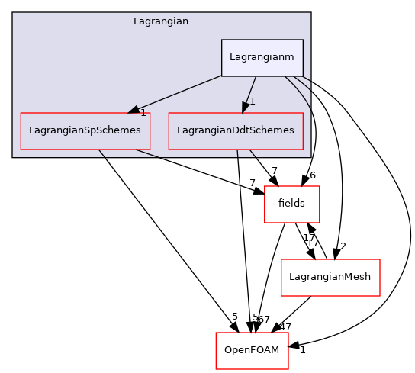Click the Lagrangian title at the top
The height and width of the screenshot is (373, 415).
coord(161,21)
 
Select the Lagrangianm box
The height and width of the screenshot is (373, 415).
coord(262,57)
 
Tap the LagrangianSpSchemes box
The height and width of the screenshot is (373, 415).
coord(85,130)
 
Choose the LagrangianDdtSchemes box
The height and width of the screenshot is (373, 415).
coord(235,130)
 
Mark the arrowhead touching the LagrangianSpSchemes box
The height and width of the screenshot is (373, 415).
coord(134,110)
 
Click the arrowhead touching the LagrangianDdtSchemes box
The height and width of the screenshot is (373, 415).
coord(246,107)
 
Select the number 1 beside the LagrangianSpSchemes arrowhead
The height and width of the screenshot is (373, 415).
coord(143,114)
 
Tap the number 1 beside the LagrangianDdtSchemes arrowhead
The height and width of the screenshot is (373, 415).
coord(253,101)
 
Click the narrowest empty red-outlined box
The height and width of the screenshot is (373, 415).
coord(291,204)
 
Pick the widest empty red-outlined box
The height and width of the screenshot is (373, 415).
coord(330,278)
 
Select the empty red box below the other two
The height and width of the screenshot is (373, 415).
coord(252,351)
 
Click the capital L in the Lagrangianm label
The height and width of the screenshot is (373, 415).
coord(232,57)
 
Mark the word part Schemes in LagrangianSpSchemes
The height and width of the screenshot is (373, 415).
coord(120,130)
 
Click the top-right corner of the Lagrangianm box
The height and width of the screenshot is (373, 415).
coord(303,40)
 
